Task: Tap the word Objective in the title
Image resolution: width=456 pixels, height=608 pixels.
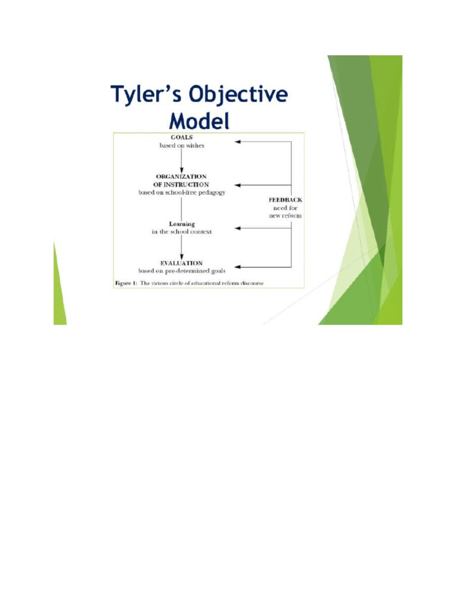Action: pos(237,96)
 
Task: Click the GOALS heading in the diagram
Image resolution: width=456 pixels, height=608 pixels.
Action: pos(182,138)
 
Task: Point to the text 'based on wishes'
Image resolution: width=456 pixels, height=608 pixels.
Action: pos(182,145)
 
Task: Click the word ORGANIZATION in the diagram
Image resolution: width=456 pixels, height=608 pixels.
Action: pos(182,176)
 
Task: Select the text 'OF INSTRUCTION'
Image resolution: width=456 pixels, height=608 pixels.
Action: pos(182,184)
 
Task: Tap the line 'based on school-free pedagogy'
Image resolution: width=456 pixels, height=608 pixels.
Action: pos(182,192)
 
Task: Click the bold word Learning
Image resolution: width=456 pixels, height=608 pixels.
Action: pos(182,224)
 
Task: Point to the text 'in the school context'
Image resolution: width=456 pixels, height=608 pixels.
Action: pos(182,232)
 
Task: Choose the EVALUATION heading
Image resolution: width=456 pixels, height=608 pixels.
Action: pos(182,262)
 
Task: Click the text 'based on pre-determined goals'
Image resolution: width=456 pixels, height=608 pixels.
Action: pos(182,271)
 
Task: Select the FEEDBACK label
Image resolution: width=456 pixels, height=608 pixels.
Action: pos(286,200)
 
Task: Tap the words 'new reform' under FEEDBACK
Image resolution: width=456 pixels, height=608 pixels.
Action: pos(286,216)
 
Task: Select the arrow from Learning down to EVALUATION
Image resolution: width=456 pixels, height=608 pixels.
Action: pos(182,246)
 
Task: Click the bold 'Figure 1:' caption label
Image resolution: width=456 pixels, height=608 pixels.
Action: pos(126,283)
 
